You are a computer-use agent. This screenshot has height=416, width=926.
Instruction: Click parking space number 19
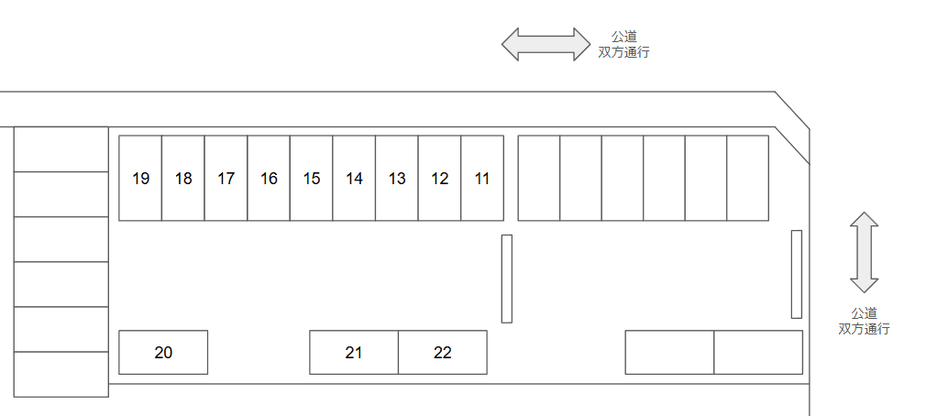pyautogui.click(x=140, y=179)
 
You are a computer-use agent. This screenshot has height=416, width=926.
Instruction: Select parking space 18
pyautogui.click(x=183, y=179)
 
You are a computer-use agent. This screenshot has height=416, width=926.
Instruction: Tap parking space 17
pyautogui.click(x=226, y=179)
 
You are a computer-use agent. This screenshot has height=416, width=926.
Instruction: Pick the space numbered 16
pyautogui.click(x=269, y=179)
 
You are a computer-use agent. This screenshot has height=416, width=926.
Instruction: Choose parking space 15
pyautogui.click(x=312, y=179)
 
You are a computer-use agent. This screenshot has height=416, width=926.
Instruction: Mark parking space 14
pyautogui.click(x=354, y=179)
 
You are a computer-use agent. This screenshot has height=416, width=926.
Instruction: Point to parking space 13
pyautogui.click(x=397, y=179)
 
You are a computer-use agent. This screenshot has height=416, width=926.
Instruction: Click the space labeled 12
pyautogui.click(x=439, y=179)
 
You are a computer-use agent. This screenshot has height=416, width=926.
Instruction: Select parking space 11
pyautogui.click(x=482, y=179)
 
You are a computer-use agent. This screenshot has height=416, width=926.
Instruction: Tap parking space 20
pyautogui.click(x=163, y=352)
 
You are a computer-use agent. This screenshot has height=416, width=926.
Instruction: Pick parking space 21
pyautogui.click(x=354, y=352)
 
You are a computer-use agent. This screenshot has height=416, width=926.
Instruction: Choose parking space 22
pyautogui.click(x=443, y=352)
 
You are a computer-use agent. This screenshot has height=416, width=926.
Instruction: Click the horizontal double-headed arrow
pyautogui.click(x=546, y=44)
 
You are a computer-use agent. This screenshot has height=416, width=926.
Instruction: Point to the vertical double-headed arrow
pyautogui.click(x=865, y=252)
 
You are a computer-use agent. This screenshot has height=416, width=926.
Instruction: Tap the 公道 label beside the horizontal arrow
pyautogui.click(x=624, y=37)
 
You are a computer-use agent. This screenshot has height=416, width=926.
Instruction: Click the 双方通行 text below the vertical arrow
pyautogui.click(x=864, y=329)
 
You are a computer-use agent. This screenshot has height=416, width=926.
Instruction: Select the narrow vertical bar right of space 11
pyautogui.click(x=506, y=279)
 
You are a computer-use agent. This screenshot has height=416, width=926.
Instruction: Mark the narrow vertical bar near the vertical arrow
pyautogui.click(x=797, y=274)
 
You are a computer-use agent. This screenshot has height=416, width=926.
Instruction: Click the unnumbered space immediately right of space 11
pyautogui.click(x=539, y=179)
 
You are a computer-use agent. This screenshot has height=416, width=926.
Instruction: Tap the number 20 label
pyautogui.click(x=163, y=352)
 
